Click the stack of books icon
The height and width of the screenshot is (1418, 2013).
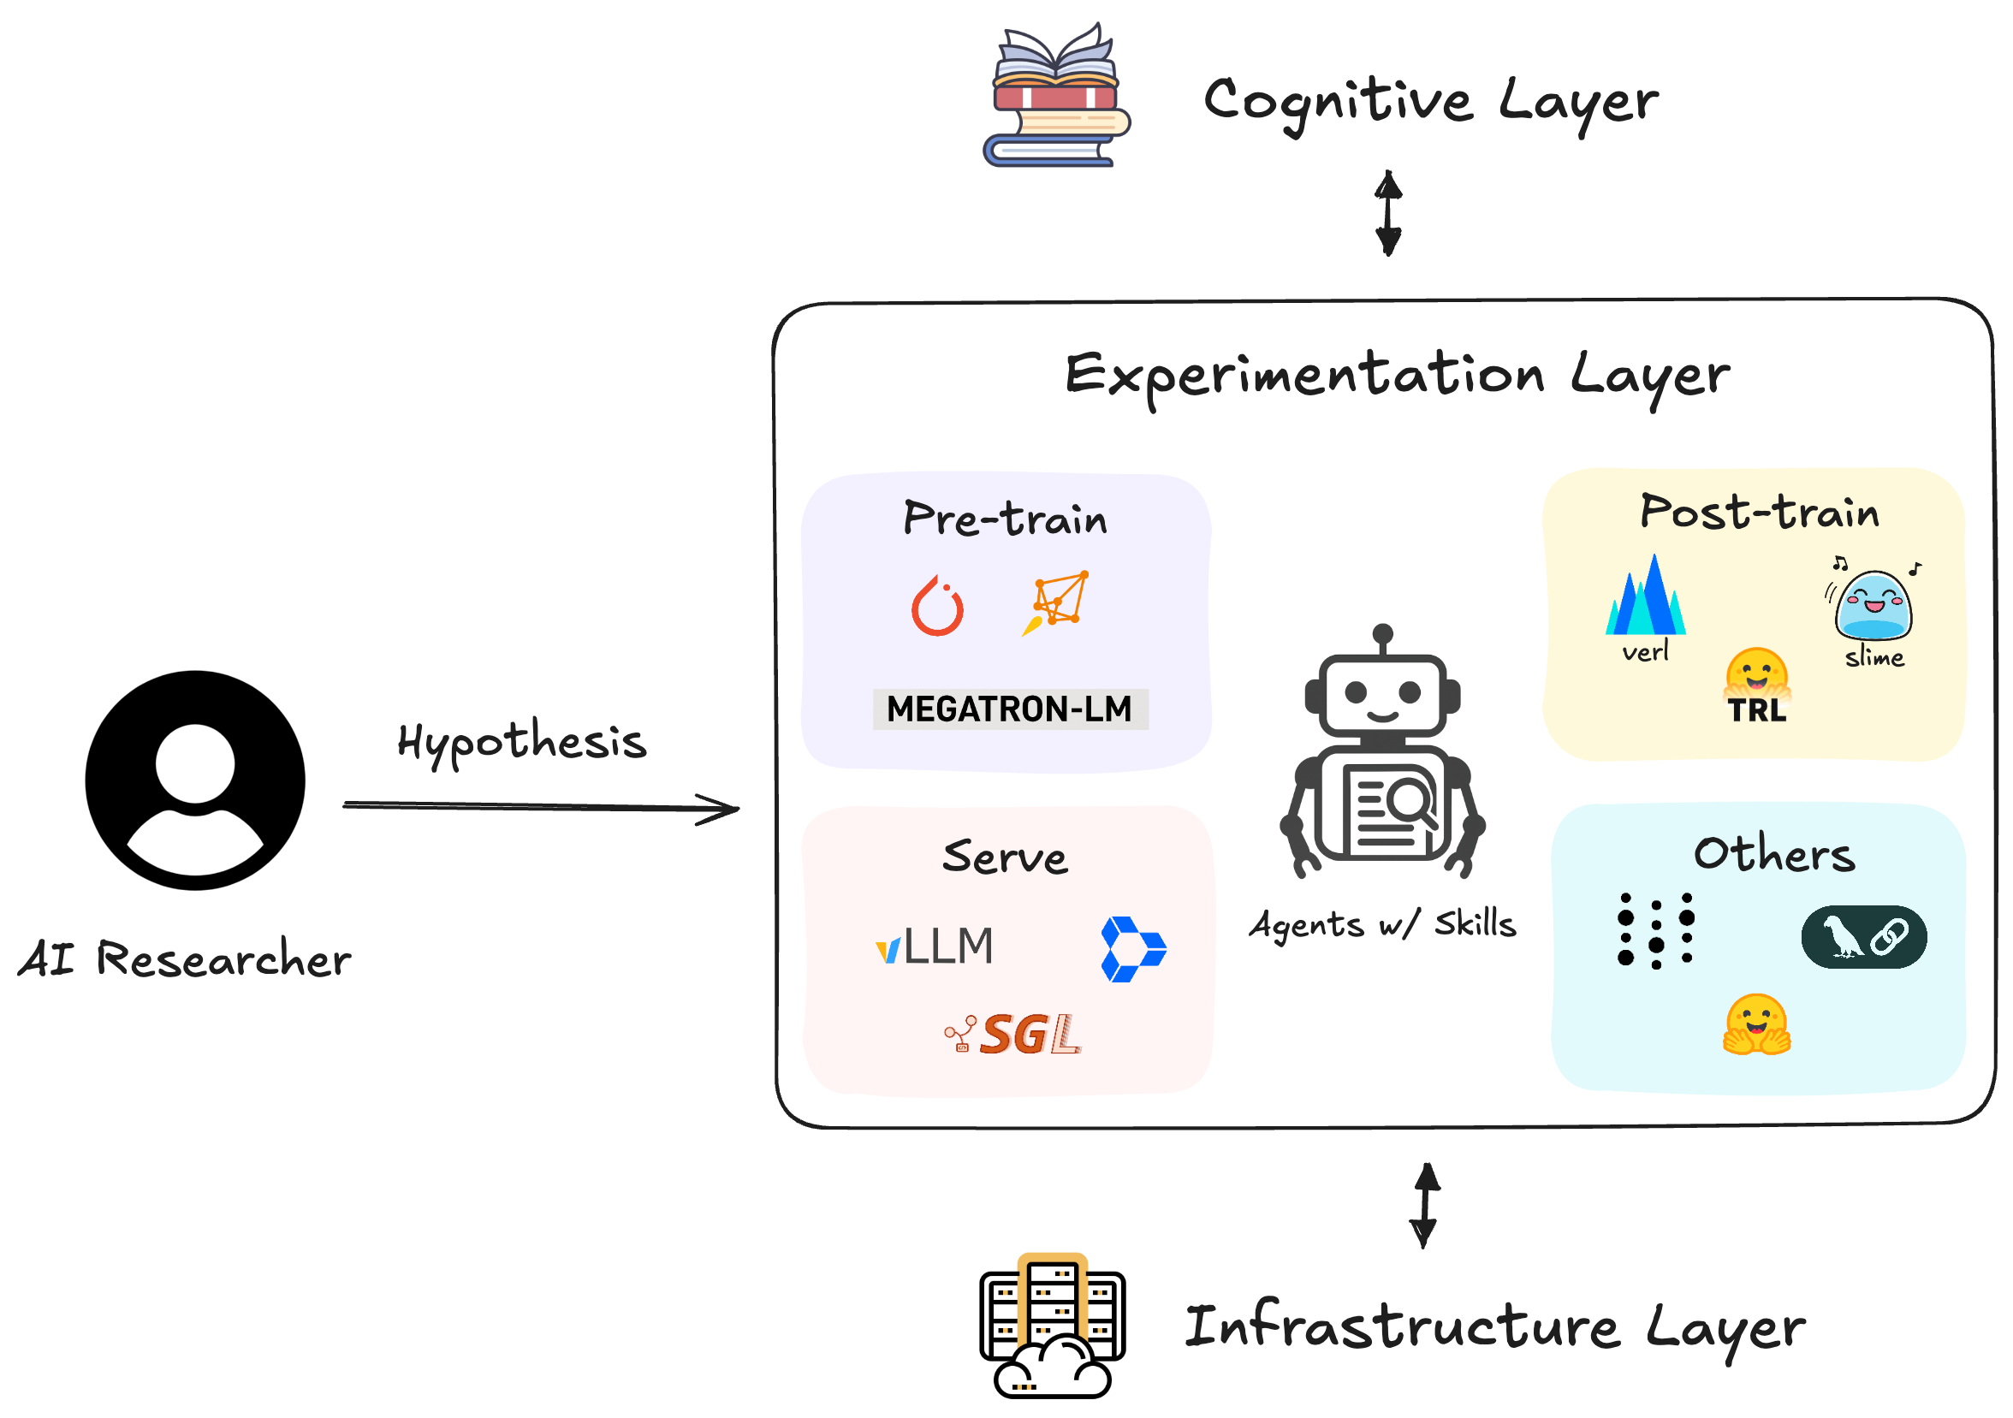tap(1055, 97)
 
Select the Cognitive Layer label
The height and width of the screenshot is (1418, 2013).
tap(1430, 102)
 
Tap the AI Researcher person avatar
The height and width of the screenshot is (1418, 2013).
tap(194, 780)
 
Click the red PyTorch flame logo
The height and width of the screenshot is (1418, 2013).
tap(937, 607)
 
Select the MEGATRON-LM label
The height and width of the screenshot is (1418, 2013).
tap(1009, 709)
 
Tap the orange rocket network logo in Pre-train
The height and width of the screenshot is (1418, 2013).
tap(1056, 603)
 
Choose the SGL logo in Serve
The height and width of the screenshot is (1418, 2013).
tap(1014, 1035)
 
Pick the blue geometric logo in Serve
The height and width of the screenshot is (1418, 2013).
tap(1131, 949)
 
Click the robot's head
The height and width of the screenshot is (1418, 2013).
tap(1382, 692)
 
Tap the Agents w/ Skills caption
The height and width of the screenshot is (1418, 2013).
tap(1382, 924)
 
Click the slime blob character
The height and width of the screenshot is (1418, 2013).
tap(1873, 605)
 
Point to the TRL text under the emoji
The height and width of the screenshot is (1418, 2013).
tap(1756, 711)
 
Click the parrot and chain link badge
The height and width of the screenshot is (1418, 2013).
tap(1864, 937)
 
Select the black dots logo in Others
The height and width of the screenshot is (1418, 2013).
tap(1655, 931)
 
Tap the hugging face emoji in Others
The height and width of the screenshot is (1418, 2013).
tap(1756, 1023)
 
